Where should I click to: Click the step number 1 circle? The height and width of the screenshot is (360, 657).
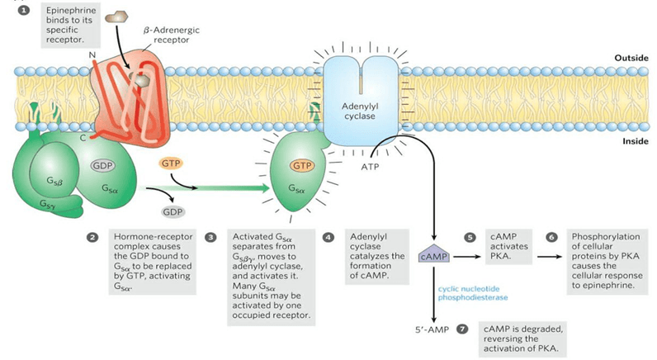click(35, 10)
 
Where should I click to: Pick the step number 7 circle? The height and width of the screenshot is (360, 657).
click(462, 329)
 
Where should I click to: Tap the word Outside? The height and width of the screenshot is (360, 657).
click(631, 59)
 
